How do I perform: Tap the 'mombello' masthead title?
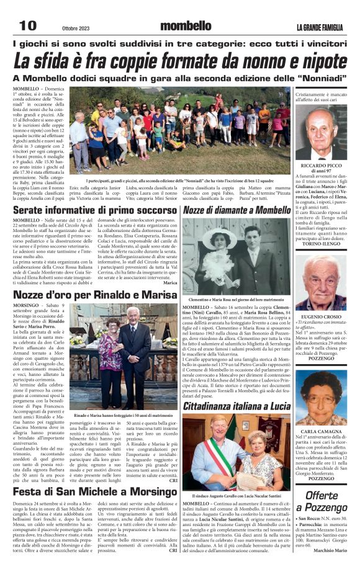pyautogui.click(x=186, y=26)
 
